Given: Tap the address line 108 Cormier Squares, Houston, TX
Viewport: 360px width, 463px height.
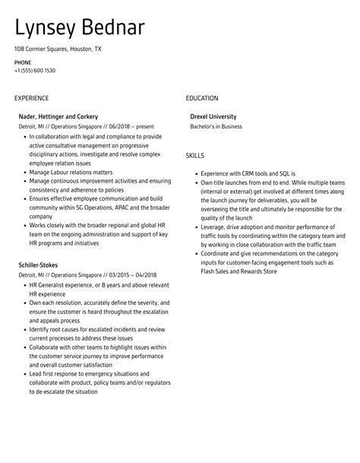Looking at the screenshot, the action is (x=57, y=49).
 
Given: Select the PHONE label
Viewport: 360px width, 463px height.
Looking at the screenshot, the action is (x=22, y=62).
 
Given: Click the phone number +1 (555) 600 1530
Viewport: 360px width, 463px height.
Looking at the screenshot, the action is (x=34, y=70).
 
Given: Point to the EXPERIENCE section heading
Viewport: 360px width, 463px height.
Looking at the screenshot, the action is (x=31, y=98).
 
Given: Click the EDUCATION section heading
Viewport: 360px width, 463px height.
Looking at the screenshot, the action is (x=201, y=98).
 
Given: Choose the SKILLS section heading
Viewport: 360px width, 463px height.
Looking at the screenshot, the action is (x=194, y=155).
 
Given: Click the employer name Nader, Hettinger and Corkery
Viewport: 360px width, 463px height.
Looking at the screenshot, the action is (x=58, y=116).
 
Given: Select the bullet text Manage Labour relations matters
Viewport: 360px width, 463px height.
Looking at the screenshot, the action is (x=71, y=172).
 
